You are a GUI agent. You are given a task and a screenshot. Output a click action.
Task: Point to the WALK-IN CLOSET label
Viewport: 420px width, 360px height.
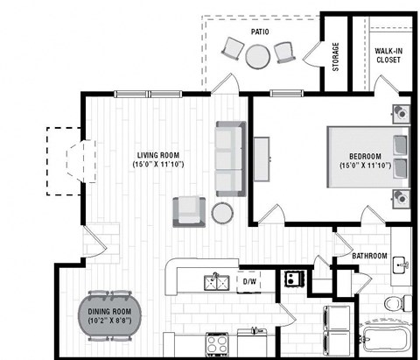(x=388, y=54)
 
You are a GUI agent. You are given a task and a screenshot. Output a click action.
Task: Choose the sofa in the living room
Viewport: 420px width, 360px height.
(x=230, y=158)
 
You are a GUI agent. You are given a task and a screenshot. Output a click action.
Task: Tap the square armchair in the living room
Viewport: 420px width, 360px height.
(x=190, y=210)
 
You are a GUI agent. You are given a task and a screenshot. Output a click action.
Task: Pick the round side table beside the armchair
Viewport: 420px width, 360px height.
(x=222, y=213)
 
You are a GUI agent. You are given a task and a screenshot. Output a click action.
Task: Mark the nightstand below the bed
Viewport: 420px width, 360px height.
(x=401, y=196)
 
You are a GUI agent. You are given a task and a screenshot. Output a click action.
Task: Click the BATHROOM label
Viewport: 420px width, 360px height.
(x=370, y=257)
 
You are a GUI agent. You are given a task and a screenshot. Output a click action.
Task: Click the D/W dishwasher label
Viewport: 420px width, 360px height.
(x=248, y=282)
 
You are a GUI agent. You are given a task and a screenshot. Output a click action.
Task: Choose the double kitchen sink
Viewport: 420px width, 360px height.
(x=216, y=282)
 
